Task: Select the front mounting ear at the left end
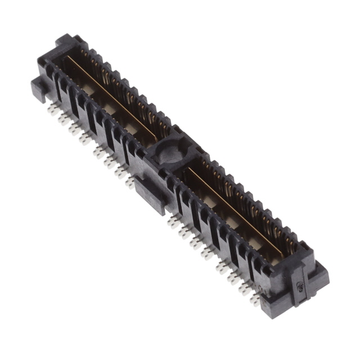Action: pyautogui.click(x=40, y=88)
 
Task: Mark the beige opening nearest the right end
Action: pyautogui.click(x=255, y=242)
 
